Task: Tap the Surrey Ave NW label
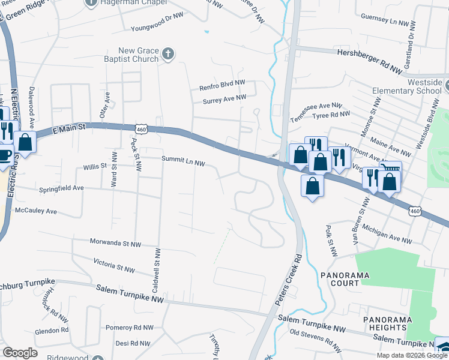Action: point(224,98)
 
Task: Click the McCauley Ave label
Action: point(35,211)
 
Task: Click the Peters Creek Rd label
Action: point(289,281)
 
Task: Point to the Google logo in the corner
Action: point(20,353)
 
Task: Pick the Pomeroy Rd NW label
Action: point(129,328)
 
